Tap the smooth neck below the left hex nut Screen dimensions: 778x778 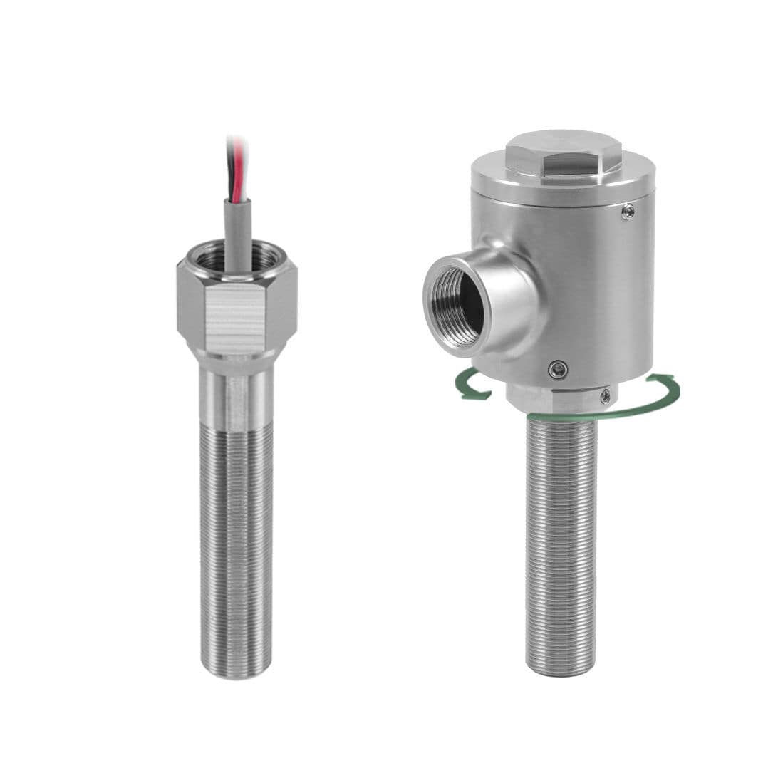point(236,395)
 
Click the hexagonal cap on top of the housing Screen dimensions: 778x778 point(563,153)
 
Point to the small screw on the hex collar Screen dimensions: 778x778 point(605,396)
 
